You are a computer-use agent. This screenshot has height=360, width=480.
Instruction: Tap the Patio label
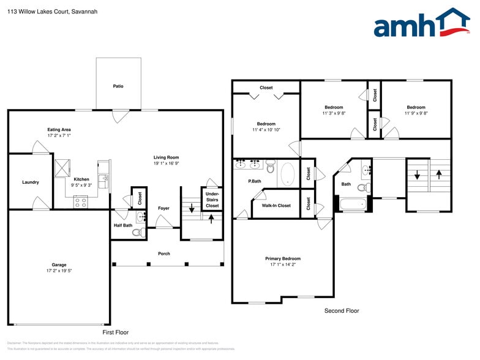(x=118, y=86)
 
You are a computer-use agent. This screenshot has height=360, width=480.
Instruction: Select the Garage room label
(x=59, y=264)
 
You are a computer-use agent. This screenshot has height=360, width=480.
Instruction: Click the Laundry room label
(x=31, y=182)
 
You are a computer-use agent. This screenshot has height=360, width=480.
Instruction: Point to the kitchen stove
(x=80, y=202)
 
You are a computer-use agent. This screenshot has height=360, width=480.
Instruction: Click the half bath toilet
(x=137, y=231)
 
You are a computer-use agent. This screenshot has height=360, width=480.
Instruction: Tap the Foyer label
(x=163, y=208)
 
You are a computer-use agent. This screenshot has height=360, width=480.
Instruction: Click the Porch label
(x=163, y=253)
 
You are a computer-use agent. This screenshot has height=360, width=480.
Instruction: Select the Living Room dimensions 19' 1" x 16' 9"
(x=166, y=163)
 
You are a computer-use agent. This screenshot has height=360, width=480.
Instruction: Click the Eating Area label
(x=59, y=129)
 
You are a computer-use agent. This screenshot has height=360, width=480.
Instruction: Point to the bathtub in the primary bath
(x=288, y=174)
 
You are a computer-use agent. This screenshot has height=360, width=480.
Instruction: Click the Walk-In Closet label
(x=276, y=206)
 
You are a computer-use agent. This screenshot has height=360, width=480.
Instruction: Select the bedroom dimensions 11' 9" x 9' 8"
(x=415, y=113)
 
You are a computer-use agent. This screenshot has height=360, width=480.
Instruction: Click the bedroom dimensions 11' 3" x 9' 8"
(x=334, y=113)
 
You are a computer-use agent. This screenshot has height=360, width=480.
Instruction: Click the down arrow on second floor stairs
(x=418, y=176)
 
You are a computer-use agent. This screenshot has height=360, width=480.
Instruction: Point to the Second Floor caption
(x=342, y=311)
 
